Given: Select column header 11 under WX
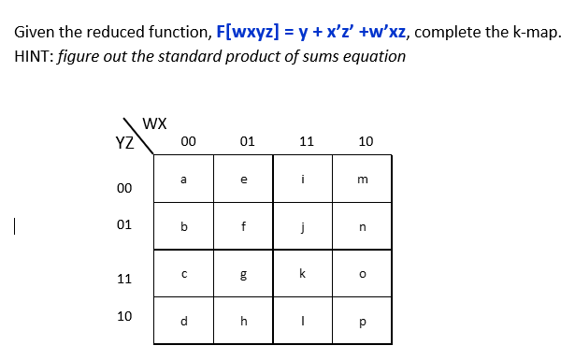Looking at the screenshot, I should click(x=306, y=142).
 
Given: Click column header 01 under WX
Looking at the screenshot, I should click(x=247, y=142).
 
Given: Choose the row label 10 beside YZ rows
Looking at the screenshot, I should click(x=123, y=316).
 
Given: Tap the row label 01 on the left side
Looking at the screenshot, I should click(x=123, y=225).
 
